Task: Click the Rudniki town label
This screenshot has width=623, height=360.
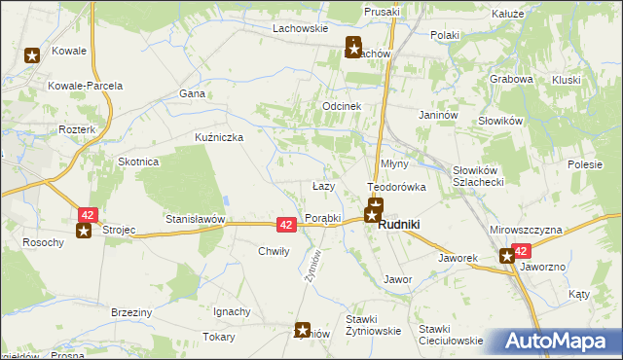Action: tap(399, 224)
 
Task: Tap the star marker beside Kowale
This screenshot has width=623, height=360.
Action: tap(32, 55)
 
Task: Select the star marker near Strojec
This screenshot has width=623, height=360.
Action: tap(84, 231)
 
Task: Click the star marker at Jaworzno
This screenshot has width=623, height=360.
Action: tap(507, 256)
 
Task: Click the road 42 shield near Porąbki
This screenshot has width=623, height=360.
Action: tap(286, 224)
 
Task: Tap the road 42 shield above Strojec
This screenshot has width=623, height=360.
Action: tap(89, 214)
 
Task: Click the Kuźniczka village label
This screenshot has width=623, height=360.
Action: tap(219, 137)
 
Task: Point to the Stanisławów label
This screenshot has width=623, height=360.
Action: tap(195, 220)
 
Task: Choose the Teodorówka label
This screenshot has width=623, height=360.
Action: tap(396, 186)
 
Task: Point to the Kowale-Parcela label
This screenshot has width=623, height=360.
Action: tap(86, 86)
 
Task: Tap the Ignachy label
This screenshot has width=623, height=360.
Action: tap(233, 312)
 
